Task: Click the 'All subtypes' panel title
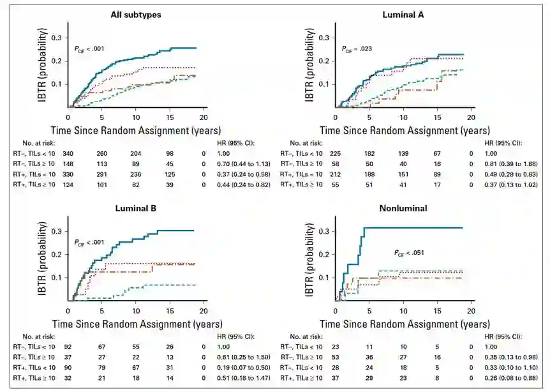tap(135, 14)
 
